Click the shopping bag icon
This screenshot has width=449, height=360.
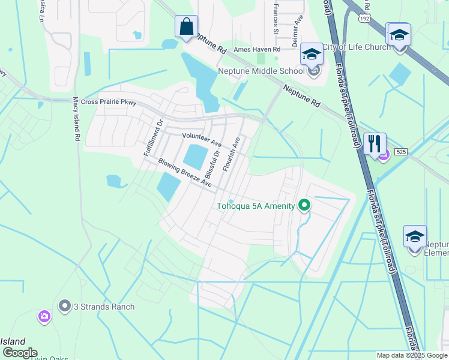click(186, 27)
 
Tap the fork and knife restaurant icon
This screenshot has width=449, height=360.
click(374, 144)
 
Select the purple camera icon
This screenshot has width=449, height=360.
click(44, 316)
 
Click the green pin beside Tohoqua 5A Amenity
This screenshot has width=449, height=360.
click(304, 206)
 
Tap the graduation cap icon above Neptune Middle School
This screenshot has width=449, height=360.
click(312, 55)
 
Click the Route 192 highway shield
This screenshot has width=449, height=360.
click(364, 18)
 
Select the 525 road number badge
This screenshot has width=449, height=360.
click(401, 152)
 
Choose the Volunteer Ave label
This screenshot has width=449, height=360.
click(202, 140)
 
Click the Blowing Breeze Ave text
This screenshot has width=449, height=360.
click(185, 172)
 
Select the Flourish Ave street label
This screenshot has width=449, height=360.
click(231, 154)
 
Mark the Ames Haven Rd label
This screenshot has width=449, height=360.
click(257, 49)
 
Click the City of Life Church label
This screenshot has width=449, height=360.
click(356, 47)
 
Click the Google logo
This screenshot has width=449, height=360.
click(19, 353)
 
